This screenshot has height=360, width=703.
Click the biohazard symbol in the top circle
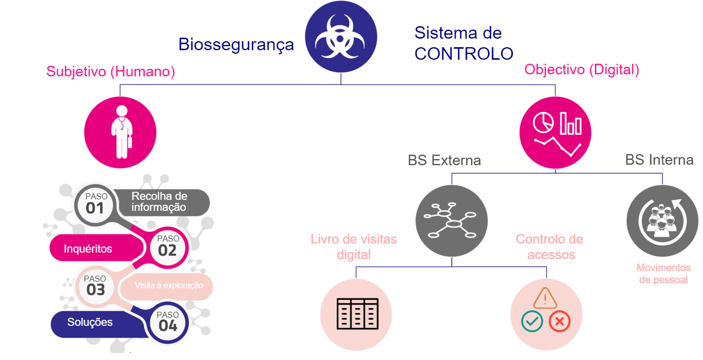(341, 37)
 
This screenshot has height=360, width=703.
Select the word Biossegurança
(236, 44)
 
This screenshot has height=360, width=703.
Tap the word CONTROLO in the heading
(463, 54)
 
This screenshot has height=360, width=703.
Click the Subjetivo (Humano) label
(110, 72)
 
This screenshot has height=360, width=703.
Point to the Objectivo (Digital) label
(582, 70)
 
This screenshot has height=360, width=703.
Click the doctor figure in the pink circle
(121, 132)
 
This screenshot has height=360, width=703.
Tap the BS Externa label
(444, 161)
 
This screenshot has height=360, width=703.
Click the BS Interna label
(659, 160)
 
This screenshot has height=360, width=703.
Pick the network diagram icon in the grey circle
(450, 221)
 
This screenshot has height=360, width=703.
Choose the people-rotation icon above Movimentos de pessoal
(661, 220)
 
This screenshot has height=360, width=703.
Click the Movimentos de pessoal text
(663, 274)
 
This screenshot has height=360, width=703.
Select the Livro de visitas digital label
(354, 247)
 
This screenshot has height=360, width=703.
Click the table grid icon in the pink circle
(356, 314)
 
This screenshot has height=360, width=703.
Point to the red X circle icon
(559, 321)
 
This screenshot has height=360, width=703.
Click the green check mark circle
(532, 321)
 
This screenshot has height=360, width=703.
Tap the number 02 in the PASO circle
(168, 250)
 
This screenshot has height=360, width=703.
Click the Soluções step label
(90, 322)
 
